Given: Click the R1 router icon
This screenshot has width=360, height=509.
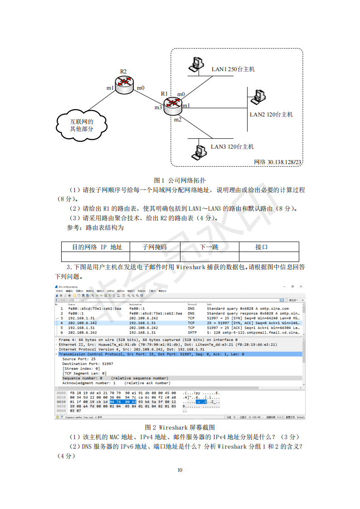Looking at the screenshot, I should tap(172, 106).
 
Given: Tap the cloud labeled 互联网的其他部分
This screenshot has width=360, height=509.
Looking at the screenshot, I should tap(82, 125).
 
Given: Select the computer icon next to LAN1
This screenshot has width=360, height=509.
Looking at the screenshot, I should tap(196, 64).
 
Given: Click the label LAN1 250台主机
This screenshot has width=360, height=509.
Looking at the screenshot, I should tap(233, 69).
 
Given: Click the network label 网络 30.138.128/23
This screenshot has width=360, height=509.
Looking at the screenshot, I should tap(278, 162).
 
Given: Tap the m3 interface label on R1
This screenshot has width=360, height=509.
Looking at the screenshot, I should tap(158, 107).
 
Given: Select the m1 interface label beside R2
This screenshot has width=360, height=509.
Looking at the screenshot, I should tap(110, 88).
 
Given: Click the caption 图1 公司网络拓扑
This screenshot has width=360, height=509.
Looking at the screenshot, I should tap(180, 180).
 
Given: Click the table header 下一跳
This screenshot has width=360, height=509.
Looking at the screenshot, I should tap(209, 247).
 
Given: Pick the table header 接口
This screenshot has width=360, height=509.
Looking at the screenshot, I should tap(262, 247).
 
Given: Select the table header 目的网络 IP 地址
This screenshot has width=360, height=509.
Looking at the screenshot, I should tap(97, 247).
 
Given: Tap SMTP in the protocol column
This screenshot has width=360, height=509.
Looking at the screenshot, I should tap(192, 332).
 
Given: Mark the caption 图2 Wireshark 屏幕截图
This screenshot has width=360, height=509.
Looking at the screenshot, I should tap(180, 427).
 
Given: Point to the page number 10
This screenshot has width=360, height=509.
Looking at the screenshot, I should tap(180, 470).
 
